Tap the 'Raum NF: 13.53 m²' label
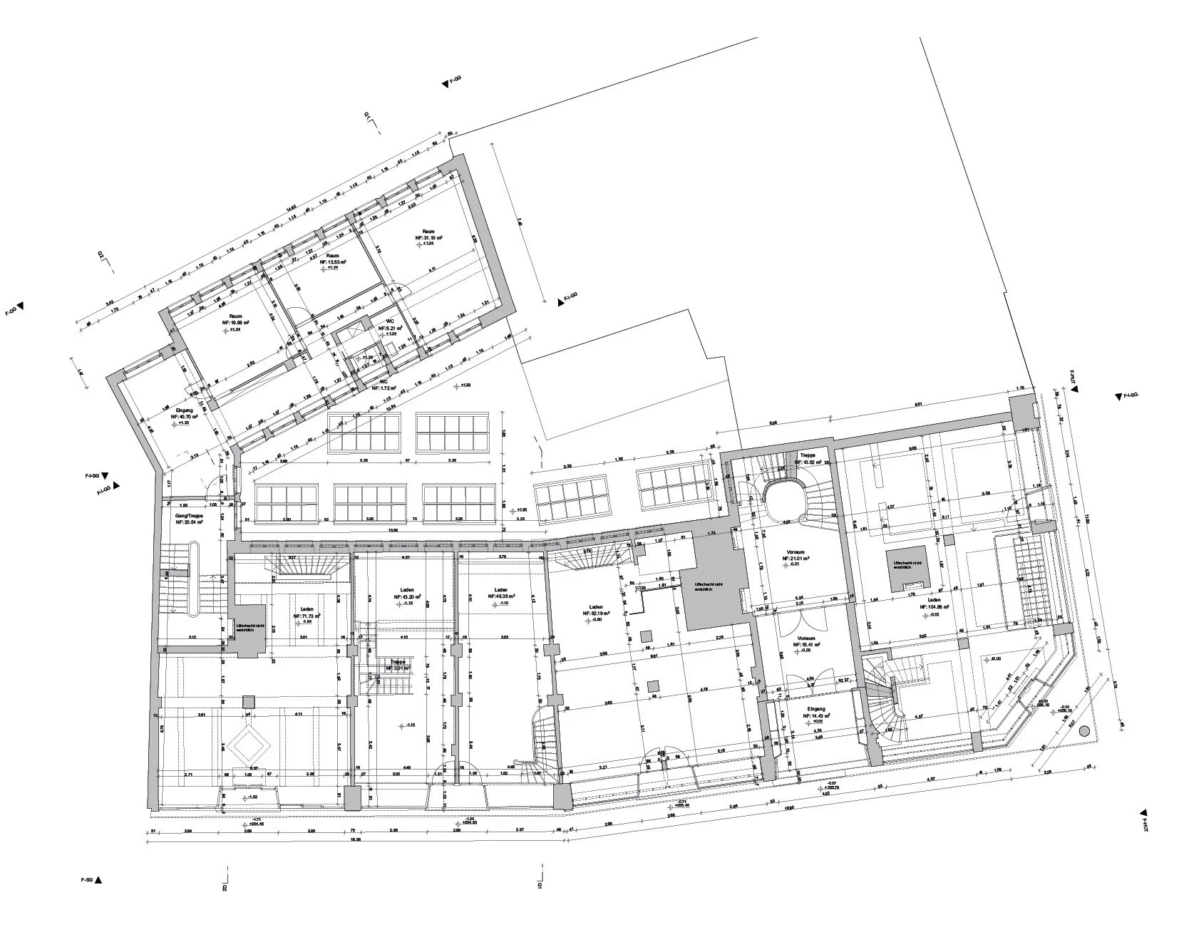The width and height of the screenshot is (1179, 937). (x=332, y=259)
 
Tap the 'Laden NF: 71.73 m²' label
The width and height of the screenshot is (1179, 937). (x=307, y=614)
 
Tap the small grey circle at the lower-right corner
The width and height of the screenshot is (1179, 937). (x=1084, y=730)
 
